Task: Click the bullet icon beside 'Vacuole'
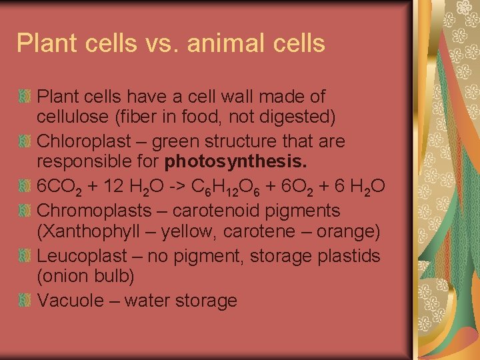pos(25,300)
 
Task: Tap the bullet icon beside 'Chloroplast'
pos(25,141)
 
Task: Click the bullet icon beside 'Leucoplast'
pos(25,256)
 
